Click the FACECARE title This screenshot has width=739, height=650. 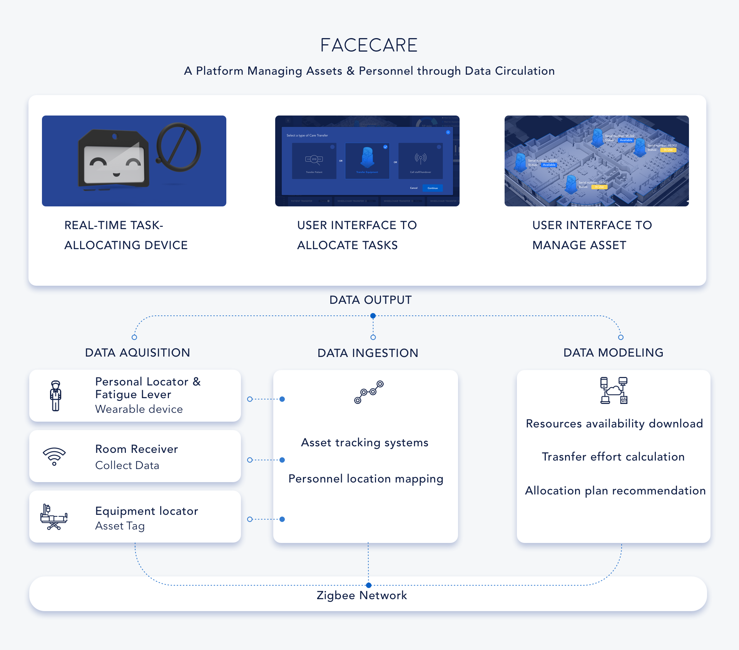click(x=369, y=45)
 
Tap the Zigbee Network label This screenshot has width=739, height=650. click(x=362, y=595)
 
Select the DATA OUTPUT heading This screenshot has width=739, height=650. click(x=370, y=300)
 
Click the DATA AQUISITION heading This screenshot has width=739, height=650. click(x=137, y=353)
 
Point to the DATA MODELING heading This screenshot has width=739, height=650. click(x=613, y=353)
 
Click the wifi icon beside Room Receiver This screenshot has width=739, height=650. click(x=54, y=456)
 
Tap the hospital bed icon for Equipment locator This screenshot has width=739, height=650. click(x=54, y=517)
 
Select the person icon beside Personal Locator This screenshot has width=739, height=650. click(x=56, y=396)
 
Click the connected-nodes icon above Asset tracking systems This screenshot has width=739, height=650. click(x=369, y=392)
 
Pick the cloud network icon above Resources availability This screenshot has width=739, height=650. click(x=614, y=390)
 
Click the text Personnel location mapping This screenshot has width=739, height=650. click(x=366, y=479)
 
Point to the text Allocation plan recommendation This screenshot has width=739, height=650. click(x=615, y=491)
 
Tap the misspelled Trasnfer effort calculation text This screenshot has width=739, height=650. click(x=613, y=457)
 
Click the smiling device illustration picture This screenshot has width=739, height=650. click(x=134, y=161)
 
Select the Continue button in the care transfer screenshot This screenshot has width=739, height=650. click(x=433, y=188)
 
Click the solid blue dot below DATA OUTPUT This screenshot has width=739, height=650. click(x=373, y=316)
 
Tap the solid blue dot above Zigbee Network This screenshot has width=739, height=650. click(x=369, y=585)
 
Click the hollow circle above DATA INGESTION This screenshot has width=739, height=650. click(x=373, y=337)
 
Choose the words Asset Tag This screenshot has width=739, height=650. click(x=120, y=526)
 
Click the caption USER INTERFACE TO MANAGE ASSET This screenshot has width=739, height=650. click(x=592, y=235)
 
